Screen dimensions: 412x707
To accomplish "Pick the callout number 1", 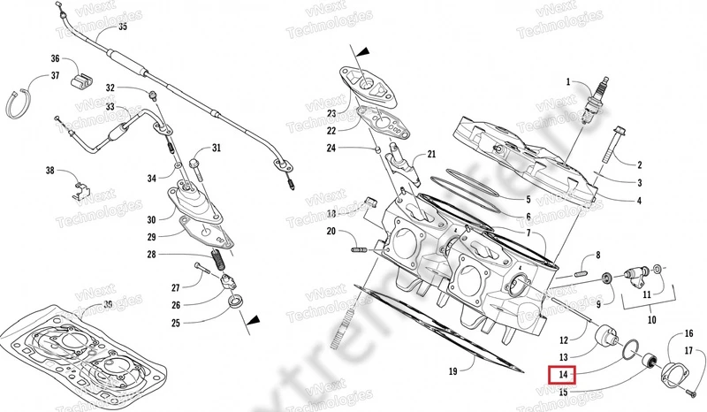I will point(569,82).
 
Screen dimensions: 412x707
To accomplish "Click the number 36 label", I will point(55,59).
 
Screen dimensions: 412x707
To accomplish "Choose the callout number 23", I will point(331,113).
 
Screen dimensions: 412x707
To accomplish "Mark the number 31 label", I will point(217,148).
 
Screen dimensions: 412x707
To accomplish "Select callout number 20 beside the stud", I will point(331,233).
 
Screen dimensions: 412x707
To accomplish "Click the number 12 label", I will point(563,339).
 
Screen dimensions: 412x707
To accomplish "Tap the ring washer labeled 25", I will point(237,304).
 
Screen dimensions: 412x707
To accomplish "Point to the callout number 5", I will point(528,200).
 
